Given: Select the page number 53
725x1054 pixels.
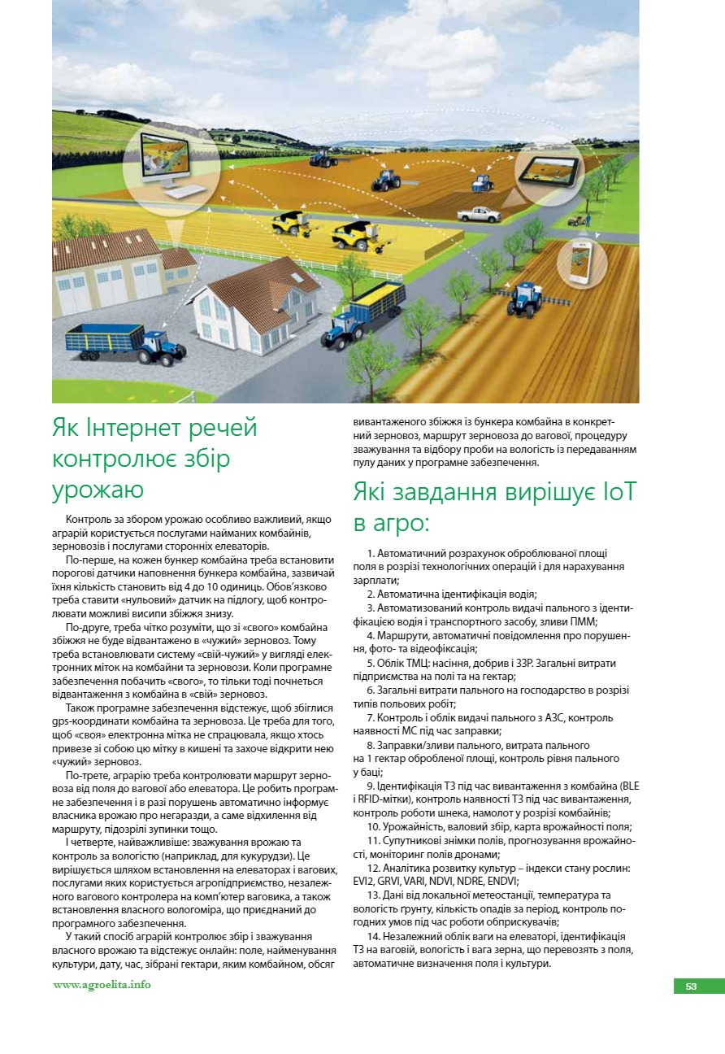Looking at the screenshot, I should click(x=691, y=986).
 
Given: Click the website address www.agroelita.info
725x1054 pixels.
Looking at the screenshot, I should click(x=102, y=985).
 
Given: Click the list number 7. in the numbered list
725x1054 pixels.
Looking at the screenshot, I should click(x=370, y=718).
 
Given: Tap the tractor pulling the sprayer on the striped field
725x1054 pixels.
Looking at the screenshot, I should click(x=523, y=300).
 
